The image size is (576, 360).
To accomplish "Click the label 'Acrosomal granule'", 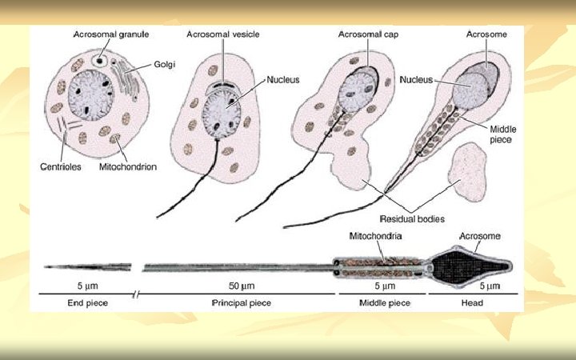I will tap(111, 35).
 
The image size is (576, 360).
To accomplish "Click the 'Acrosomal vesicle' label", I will tap(223, 35).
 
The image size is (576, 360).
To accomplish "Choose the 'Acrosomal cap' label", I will tap(365, 35).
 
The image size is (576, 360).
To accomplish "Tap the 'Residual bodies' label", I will tap(413, 218).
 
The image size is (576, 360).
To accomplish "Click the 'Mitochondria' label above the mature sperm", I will tap(375, 237).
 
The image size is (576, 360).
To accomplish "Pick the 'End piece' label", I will tap(87, 303).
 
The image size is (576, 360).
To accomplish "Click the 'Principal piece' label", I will tap(241, 303).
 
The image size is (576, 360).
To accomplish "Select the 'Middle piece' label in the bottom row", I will tap(382, 303).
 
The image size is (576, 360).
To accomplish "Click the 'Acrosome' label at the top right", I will tap(482, 35).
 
